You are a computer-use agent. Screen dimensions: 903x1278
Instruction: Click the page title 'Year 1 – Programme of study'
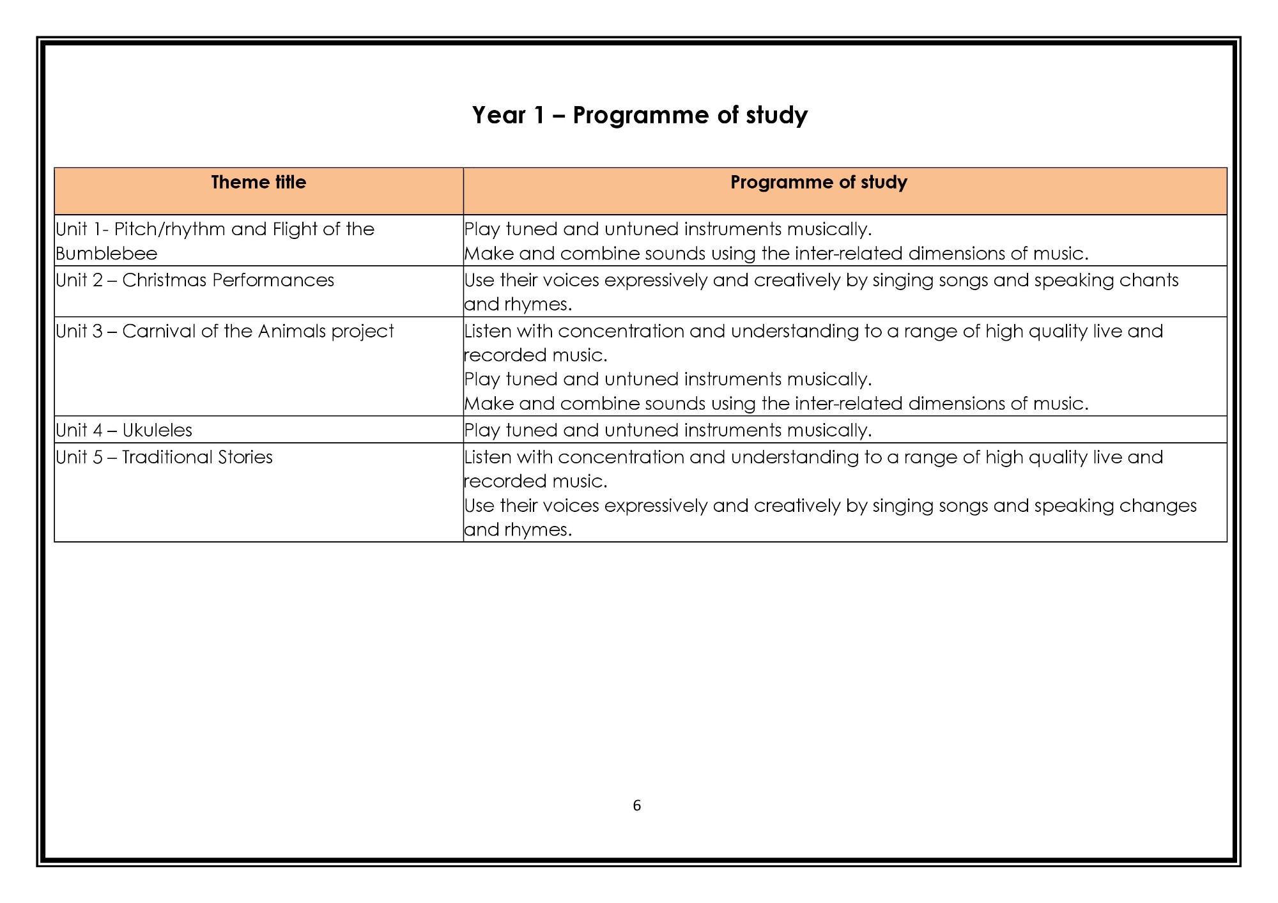(640, 116)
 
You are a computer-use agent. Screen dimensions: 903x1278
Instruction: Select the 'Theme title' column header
(258, 183)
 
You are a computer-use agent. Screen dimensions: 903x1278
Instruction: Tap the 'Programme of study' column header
(819, 183)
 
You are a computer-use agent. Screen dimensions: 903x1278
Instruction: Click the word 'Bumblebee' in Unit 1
(106, 254)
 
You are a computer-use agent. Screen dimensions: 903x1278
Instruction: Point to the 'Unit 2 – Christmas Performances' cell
(195, 281)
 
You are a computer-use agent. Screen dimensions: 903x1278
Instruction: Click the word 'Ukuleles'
(157, 430)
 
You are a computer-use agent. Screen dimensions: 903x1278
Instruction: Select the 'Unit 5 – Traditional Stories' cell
(164, 458)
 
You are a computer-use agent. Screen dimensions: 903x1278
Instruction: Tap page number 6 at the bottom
(636, 806)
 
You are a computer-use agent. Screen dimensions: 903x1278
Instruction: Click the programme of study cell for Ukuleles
(668, 430)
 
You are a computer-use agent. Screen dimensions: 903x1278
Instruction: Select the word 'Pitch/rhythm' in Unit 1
(169, 229)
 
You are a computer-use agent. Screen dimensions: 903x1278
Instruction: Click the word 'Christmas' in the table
(163, 281)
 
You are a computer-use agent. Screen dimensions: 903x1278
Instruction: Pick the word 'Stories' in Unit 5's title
(245, 458)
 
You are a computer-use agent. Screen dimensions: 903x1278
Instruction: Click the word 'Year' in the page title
(498, 116)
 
